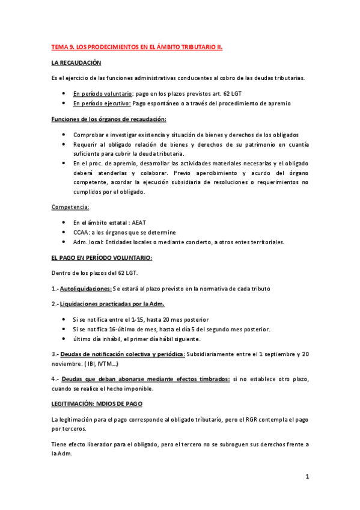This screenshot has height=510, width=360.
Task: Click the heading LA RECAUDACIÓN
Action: pos(76,63)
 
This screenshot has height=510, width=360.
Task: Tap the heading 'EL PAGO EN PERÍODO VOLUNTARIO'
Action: pos(102,257)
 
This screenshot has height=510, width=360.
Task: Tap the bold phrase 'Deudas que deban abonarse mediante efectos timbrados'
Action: pos(145,379)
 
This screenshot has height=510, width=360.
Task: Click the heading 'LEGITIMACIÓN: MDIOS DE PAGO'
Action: pos(97,404)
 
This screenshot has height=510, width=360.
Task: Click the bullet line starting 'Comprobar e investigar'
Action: pos(186,135)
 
